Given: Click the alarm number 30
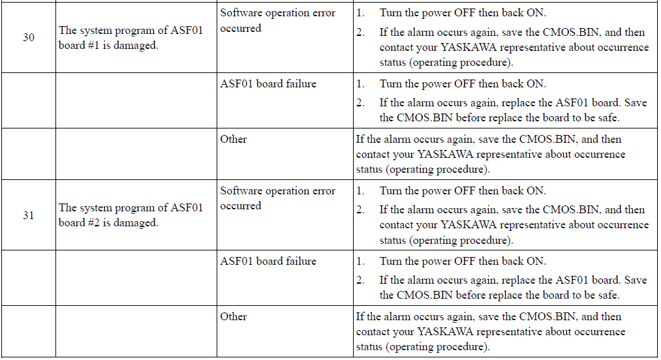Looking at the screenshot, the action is (29, 38).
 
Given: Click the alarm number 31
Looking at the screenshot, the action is (29, 215).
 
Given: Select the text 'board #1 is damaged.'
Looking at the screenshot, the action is (108, 45).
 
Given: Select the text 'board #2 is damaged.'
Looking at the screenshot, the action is (108, 222).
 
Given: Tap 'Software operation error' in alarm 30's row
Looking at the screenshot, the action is (278, 13).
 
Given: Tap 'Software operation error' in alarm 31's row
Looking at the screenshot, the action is (278, 191).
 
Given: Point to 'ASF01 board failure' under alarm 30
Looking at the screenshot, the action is (268, 84).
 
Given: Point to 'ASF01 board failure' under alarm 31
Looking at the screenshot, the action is (268, 262).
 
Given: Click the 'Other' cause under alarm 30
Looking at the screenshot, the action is (234, 139).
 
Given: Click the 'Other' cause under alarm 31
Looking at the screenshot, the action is (234, 316).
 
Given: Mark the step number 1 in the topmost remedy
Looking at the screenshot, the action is (360, 13).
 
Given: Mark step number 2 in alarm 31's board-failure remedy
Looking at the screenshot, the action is (360, 280).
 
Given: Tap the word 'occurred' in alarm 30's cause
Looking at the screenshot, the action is (241, 28).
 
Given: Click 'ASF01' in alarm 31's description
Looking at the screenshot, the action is (187, 208).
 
